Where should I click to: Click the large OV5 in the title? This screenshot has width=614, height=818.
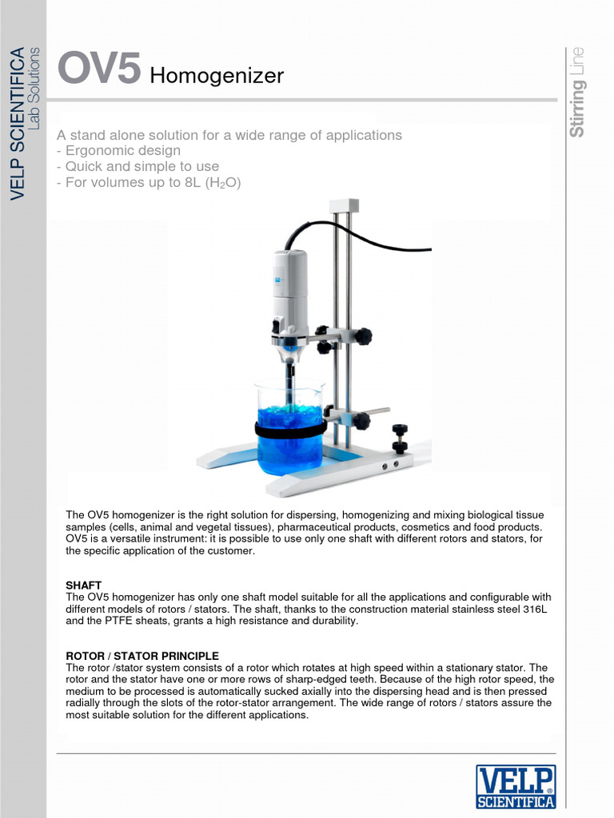tap(100, 69)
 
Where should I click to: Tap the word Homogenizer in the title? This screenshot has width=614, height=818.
tap(217, 76)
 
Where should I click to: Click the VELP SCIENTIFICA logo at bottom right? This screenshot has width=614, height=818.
tap(516, 786)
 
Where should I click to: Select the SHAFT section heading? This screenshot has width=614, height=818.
tap(83, 586)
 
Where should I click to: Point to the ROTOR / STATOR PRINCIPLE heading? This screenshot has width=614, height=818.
tap(142, 656)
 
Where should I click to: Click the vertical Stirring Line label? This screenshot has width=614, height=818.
tap(577, 92)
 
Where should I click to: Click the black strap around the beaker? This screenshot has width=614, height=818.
tap(289, 431)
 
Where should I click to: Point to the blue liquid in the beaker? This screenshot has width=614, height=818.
tap(289, 447)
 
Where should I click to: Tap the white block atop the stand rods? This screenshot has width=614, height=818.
tap(345, 206)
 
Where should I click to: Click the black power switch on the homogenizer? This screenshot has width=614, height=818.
tap(276, 326)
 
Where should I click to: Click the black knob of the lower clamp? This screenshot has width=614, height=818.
tap(361, 420)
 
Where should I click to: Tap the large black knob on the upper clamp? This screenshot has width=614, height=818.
tap(363, 336)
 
